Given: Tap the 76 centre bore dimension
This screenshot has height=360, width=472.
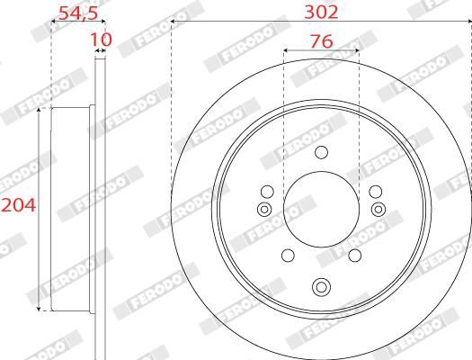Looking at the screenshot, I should (321, 40).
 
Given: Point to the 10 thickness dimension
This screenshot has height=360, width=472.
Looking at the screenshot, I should (100, 40).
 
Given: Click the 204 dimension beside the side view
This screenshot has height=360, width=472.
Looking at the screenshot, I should (18, 206).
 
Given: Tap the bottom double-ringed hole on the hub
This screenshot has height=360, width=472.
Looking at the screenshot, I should (321, 288).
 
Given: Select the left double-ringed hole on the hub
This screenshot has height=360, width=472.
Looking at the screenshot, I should (263, 210).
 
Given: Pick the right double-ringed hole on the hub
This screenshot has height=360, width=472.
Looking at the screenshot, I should (378, 210).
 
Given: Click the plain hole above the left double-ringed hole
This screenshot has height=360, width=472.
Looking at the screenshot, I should (266, 191).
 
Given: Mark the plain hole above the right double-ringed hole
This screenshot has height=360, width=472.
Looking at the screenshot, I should (376, 191).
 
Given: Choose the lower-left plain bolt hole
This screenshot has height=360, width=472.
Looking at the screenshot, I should (287, 255).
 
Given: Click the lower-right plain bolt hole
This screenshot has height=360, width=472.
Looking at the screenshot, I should (356, 255).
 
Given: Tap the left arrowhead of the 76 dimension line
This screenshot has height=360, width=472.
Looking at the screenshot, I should (285, 51).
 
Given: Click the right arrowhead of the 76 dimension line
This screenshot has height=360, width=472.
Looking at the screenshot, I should (358, 51).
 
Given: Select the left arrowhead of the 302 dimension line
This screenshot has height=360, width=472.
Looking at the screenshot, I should (173, 22).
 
